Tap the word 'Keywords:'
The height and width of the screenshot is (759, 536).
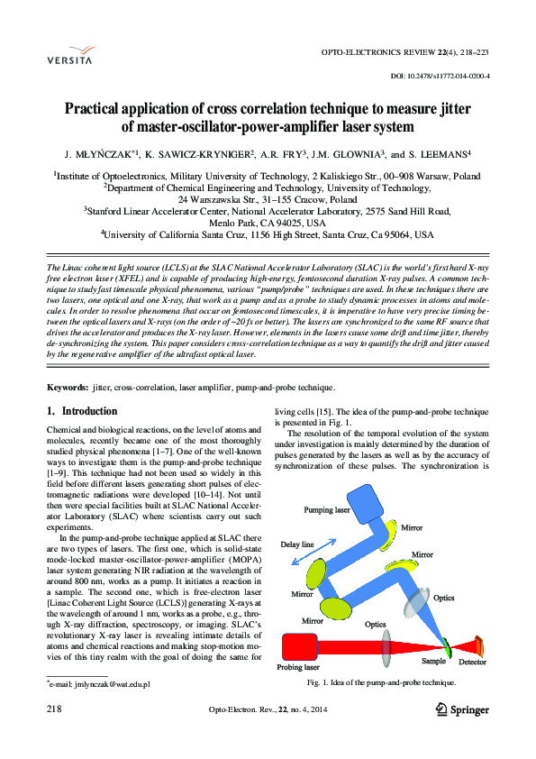click(68, 388)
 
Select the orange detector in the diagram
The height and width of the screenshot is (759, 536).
click(478, 645)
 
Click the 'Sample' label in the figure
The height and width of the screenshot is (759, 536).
click(433, 661)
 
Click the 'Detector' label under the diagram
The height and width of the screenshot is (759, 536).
click(473, 663)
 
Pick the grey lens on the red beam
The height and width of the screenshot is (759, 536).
click(388, 646)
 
